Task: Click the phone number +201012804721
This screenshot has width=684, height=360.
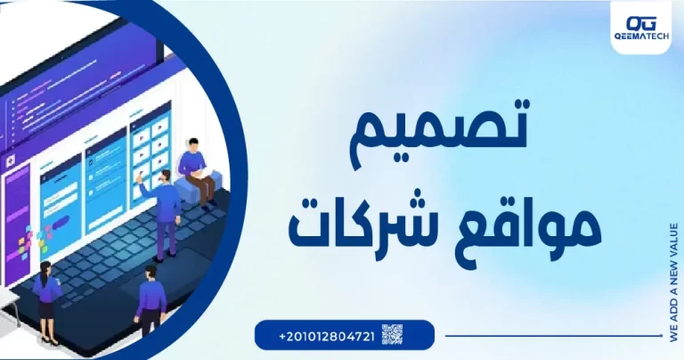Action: tap(326, 336)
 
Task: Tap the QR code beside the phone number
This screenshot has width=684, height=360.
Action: tap(392, 335)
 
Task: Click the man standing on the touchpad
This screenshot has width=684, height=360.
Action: tap(149, 299)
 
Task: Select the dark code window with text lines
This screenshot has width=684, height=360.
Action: tap(53, 116)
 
